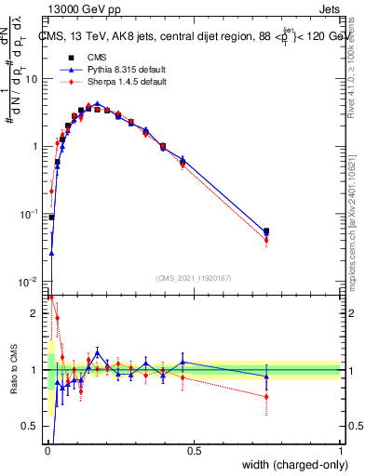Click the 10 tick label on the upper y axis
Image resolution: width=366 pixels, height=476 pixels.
point(32,79)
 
